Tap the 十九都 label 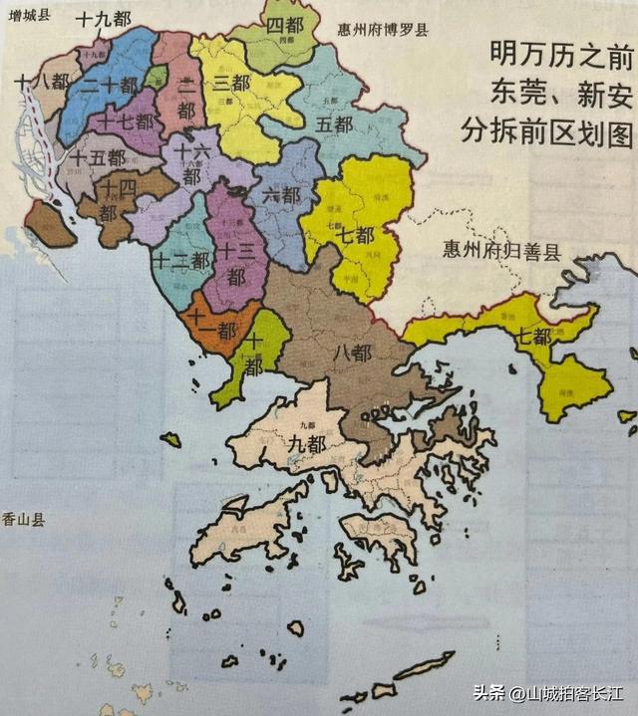(x=105, y=18)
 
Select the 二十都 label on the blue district (x=110, y=87)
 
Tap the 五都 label (x=334, y=125)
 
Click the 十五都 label (x=98, y=157)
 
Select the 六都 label (x=282, y=195)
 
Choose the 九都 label (x=305, y=444)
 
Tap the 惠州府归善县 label (x=501, y=249)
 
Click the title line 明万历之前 (x=547, y=52)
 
